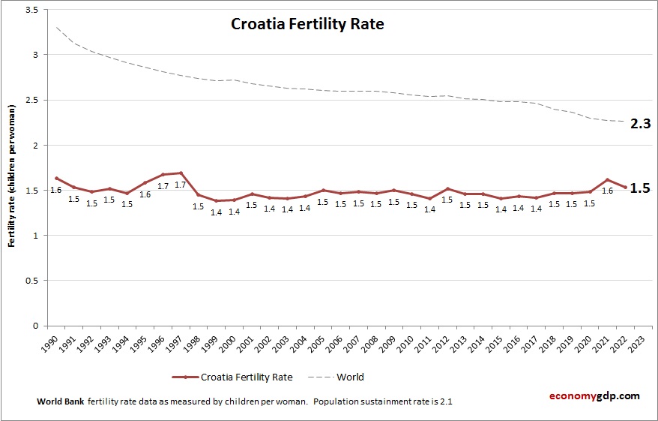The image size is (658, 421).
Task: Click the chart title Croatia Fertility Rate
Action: coord(307,24)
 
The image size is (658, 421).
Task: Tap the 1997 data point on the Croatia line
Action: coord(181,173)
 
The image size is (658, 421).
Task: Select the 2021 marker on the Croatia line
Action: coord(607,179)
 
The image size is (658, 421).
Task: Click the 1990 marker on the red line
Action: coord(57,178)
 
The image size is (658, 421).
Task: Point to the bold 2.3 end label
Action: coord(639,124)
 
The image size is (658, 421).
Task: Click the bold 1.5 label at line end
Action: coord(639,188)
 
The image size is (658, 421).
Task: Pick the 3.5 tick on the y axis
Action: coord(31,10)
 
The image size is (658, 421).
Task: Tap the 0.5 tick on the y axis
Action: coord(31,281)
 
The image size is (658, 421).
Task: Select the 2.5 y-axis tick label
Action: coord(31,100)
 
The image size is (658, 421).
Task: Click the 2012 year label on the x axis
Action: coord(447,341)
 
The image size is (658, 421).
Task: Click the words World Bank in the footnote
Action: coord(60,401)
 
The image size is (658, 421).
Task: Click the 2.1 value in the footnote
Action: coord(444,401)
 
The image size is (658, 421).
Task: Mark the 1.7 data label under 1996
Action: coord(163,185)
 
